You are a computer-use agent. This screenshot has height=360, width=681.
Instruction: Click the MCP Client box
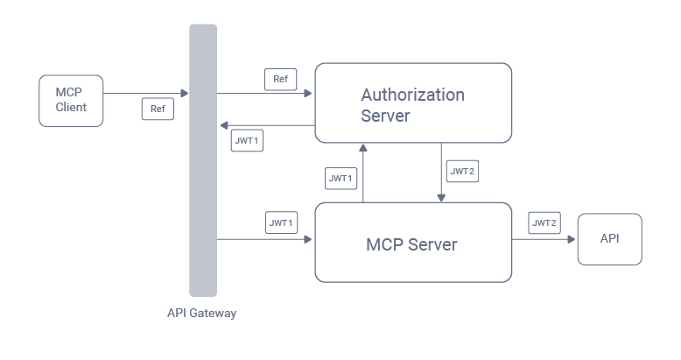point(71,100)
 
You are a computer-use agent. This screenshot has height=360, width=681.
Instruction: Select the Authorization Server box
point(413,102)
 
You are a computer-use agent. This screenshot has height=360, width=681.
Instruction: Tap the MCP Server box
point(413,243)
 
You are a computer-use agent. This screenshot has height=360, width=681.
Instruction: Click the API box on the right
point(609,238)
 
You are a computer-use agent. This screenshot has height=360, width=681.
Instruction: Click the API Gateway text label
point(202,313)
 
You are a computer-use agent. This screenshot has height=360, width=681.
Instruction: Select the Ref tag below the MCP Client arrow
point(158,109)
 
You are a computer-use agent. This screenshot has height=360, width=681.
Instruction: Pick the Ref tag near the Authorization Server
point(280,79)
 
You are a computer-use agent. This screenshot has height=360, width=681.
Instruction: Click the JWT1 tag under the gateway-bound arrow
point(247,140)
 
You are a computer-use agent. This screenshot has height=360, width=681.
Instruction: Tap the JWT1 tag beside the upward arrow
point(340,178)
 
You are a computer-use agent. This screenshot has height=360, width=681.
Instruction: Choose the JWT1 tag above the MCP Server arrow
point(281,222)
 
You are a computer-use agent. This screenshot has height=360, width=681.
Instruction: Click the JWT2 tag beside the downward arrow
point(462,172)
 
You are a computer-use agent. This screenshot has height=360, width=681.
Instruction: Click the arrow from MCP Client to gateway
point(145,93)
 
